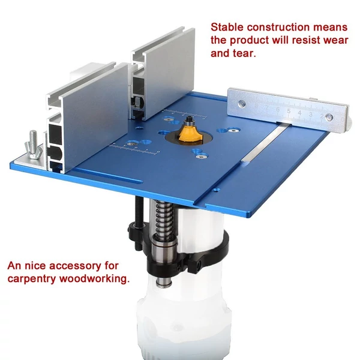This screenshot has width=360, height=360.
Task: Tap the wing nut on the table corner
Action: [34, 146]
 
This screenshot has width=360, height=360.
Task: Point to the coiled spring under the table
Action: [163, 220]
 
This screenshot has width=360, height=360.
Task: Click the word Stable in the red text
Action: [227, 27]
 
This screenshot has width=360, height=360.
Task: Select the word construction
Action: [278, 28]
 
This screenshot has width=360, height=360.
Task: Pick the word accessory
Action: [75, 266]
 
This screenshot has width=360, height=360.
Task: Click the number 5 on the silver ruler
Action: [289, 111]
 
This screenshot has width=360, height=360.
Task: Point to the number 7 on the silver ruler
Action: [267, 107]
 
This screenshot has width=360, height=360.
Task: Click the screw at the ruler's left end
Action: [241, 104]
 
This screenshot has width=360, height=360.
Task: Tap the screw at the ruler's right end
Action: [329, 118]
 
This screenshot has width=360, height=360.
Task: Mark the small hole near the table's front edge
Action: [215, 190]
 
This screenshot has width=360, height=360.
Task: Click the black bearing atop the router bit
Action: [190, 119]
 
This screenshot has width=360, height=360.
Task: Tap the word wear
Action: [335, 41]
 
